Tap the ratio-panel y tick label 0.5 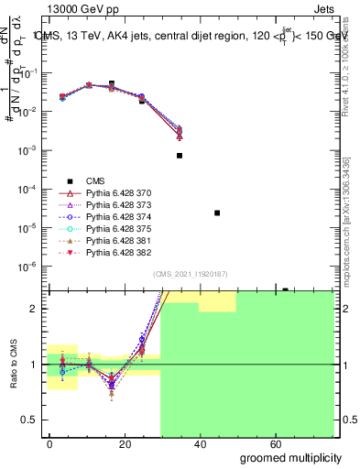click(x=33, y=420)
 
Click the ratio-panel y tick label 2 click(x=38, y=309)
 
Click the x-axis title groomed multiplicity click(x=289, y=458)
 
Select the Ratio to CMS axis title click(x=12, y=365)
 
